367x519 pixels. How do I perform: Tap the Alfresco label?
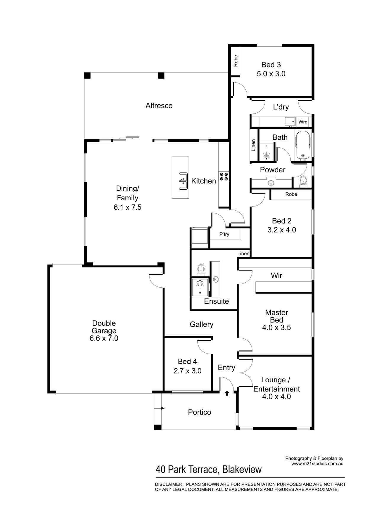tap(159, 106)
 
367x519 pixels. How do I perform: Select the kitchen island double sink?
tap(183, 181)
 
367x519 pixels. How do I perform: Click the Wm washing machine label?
tap(303, 122)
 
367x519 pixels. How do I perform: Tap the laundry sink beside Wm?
tap(290, 122)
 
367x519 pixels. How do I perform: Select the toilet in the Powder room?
tap(303, 180)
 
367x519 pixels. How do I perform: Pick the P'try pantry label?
tap(224, 234)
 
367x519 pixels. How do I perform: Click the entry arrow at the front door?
tap(227, 393)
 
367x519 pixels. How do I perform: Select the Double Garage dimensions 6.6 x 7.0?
tap(104, 338)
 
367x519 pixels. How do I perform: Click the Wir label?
tap(276, 275)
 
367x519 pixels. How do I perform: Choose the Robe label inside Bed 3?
tap(236, 61)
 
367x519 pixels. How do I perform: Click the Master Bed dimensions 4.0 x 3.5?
tap(276, 328)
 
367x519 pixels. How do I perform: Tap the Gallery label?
tap(202, 325)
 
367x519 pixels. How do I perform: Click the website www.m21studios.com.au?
tap(318, 464)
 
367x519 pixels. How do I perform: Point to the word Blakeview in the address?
tap(242, 470)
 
